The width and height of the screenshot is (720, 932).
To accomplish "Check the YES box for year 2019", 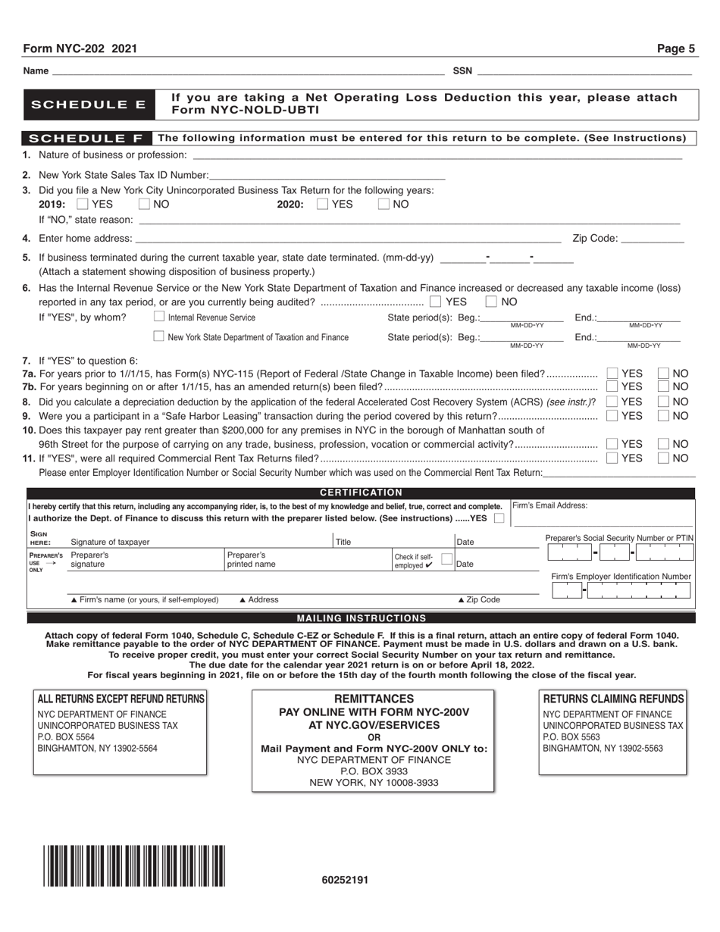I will [83, 204].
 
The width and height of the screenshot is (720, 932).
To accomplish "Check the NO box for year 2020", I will [383, 204].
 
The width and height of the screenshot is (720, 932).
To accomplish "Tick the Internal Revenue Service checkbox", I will [159, 317].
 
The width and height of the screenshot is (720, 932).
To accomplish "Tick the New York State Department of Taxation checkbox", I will [159, 336].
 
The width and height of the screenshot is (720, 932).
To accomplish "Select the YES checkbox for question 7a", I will [612, 373].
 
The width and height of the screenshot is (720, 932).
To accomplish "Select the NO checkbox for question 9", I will [663, 415].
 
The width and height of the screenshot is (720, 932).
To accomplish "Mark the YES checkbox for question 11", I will [612, 458].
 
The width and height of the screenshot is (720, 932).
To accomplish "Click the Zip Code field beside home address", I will [652, 238].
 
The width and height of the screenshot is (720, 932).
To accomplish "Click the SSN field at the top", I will [584, 70].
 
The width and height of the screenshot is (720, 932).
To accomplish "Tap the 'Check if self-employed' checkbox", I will [447, 559].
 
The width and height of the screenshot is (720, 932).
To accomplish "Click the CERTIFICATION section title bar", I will [361, 493].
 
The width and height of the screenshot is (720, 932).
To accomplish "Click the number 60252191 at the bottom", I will [345, 880].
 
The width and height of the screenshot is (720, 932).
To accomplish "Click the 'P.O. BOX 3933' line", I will [374, 771].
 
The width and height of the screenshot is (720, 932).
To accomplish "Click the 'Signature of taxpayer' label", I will [110, 542].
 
